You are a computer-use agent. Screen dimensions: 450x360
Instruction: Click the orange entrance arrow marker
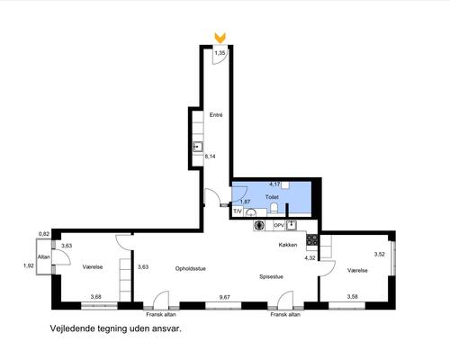tap(220, 38)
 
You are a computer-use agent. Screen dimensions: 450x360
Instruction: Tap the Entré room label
tap(216, 115)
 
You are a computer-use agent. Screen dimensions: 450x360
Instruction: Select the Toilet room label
tap(272, 197)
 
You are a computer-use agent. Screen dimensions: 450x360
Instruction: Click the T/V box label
tap(238, 211)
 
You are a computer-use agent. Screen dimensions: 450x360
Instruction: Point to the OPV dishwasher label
tap(279, 225)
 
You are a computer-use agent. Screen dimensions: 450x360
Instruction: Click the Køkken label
tap(288, 245)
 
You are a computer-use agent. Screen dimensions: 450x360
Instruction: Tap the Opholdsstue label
tap(191, 269)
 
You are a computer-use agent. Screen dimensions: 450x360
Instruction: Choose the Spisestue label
tap(271, 276)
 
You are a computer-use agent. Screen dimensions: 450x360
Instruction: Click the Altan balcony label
tap(43, 256)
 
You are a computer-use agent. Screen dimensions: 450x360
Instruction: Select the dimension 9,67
tap(225, 297)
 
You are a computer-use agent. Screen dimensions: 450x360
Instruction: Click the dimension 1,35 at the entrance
tap(220, 53)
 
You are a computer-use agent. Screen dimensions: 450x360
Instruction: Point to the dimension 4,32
tap(310, 257)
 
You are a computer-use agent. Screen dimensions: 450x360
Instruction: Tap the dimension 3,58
tap(353, 297)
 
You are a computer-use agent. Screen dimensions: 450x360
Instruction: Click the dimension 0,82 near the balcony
tap(44, 234)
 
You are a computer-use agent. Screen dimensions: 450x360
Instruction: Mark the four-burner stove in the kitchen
tap(311, 239)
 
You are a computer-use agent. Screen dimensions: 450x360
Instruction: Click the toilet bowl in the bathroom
tap(274, 208)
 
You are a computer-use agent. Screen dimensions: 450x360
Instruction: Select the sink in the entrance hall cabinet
tap(197, 147)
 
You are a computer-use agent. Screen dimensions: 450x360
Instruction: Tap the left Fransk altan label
tap(161, 314)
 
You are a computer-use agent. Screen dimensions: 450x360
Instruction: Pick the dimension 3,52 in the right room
tap(380, 254)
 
